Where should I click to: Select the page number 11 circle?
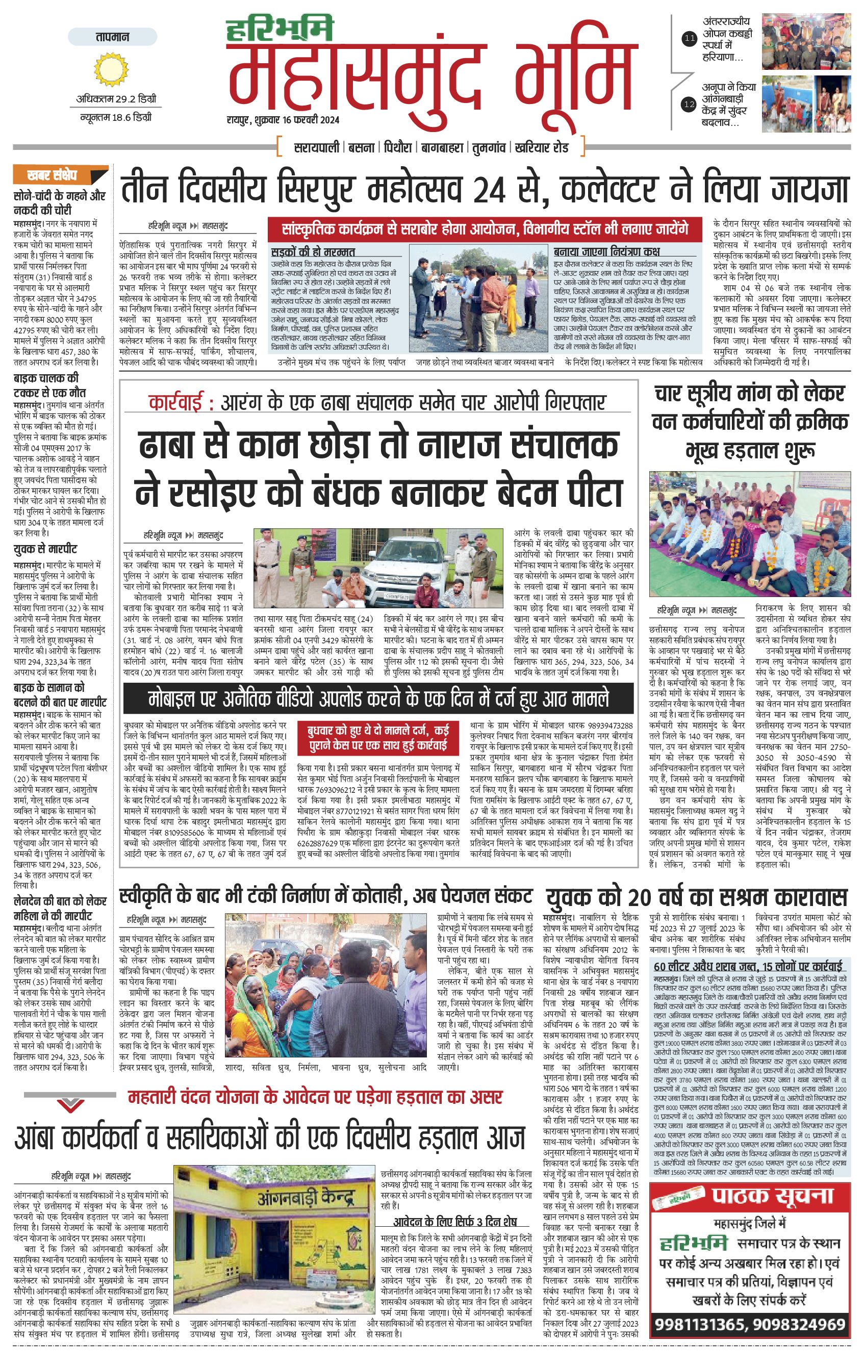tap(690, 39)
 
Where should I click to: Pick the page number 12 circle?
tap(690, 104)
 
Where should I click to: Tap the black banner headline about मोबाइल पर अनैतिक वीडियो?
tap(378, 699)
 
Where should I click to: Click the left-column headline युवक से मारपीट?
tap(45, 549)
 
